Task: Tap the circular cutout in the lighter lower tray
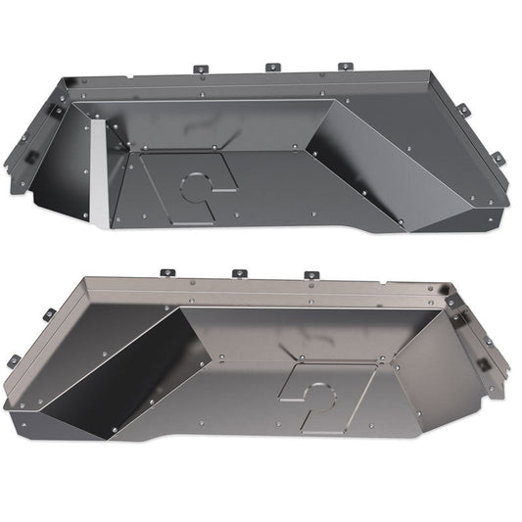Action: [x=317, y=397]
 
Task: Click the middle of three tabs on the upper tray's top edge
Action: [x=272, y=68]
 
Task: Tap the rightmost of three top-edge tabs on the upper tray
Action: [x=345, y=68]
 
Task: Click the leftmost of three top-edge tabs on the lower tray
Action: [x=165, y=275]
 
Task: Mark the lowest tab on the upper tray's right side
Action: [x=498, y=159]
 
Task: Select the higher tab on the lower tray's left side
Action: [x=48, y=314]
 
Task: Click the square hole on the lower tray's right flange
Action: [x=482, y=363]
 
